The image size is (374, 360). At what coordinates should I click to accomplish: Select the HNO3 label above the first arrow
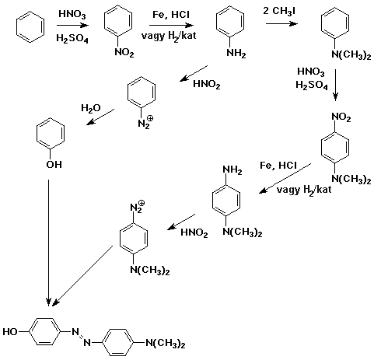point(72,14)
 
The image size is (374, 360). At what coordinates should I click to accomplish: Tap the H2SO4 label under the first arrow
point(72,39)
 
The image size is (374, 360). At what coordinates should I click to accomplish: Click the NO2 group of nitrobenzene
point(124,53)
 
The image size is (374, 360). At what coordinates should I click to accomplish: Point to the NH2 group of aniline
point(236,53)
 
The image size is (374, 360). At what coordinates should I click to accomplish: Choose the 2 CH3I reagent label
point(279,12)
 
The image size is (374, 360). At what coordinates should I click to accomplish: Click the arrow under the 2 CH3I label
point(281,24)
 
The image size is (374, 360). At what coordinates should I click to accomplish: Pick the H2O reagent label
point(91,108)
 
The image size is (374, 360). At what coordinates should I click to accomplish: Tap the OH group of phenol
point(54,164)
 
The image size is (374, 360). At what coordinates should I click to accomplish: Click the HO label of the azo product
point(10,331)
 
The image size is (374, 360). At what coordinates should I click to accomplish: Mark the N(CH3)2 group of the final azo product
point(166,344)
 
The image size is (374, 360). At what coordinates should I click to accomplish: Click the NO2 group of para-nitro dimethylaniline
point(341,117)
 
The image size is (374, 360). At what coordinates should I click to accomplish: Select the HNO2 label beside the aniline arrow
point(207,84)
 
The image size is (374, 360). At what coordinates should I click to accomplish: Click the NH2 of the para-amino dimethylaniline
point(232,170)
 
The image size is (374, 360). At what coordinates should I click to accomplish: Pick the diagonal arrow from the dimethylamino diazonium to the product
point(82,275)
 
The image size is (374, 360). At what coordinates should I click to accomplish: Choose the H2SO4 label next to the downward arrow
point(312,85)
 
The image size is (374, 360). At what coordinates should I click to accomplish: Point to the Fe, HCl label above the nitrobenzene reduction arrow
point(171,15)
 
